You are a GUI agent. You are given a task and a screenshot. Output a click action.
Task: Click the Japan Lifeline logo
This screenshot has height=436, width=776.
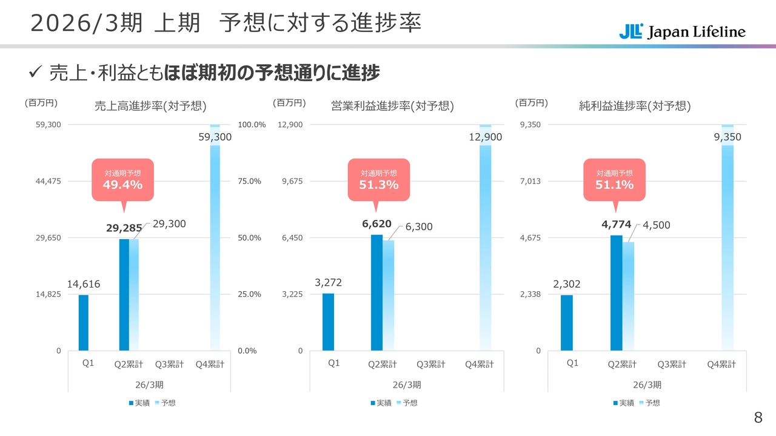coord(682,31)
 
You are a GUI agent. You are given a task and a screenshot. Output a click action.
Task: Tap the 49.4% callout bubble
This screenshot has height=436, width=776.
coord(122,179)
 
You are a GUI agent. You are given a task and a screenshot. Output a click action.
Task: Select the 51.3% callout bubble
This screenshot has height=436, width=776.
coord(378,179)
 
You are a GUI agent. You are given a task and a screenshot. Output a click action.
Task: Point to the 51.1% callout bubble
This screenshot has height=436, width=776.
coord(614,179)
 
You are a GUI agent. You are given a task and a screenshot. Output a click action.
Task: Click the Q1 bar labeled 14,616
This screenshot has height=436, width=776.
coord(83,322)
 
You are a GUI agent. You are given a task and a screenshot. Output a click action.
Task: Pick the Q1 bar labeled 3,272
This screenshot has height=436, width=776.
coord(328,322)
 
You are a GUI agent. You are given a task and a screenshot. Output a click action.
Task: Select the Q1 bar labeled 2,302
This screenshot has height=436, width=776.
coord(566,322)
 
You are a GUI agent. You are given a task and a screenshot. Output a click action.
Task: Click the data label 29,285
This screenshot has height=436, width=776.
coord(124,228)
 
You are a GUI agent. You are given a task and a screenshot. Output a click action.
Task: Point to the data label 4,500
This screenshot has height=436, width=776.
coord(656,225)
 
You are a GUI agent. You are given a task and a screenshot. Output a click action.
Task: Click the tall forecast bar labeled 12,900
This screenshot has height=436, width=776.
coord(485,242)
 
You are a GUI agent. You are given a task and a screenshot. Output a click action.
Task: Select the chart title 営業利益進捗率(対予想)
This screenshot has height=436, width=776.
coord(392,106)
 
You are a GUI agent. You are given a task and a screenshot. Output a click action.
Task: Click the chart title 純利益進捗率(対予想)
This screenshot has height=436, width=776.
coord(634,106)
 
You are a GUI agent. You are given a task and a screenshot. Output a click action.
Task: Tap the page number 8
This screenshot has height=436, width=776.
coord(758,417)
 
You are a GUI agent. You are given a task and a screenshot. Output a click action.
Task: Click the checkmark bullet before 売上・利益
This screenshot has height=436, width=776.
coord(34,73)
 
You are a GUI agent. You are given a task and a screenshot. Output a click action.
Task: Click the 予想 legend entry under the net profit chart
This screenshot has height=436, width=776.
coord(649,403)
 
